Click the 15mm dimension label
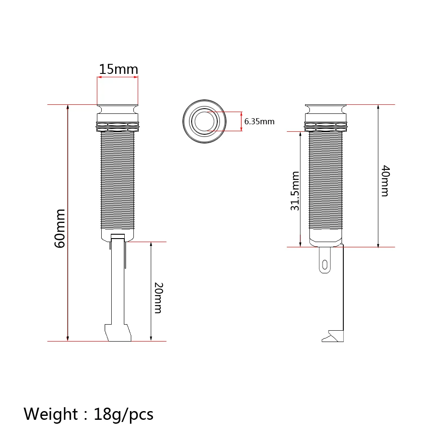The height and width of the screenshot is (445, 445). click(x=118, y=69)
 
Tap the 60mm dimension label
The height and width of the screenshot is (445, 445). click(x=60, y=229)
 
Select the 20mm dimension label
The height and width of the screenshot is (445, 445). click(x=158, y=298)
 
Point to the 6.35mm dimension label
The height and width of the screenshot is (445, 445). click(x=259, y=122)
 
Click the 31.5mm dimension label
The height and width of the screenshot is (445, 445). click(x=295, y=191)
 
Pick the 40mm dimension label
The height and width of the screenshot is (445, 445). click(x=385, y=181)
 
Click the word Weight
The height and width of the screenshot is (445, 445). click(x=50, y=414)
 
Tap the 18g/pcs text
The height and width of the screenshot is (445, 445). click(x=123, y=415)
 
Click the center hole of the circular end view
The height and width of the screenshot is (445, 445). click(x=204, y=122)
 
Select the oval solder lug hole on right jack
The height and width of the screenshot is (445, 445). click(x=325, y=265)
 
